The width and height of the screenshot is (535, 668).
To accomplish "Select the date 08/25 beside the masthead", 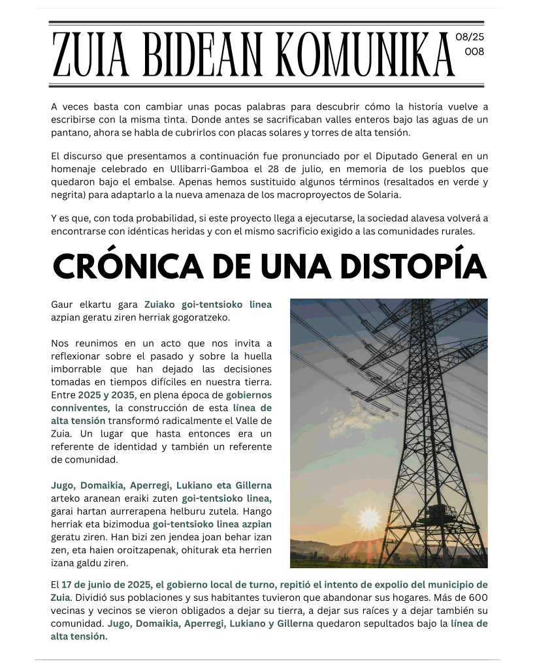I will coord(470,37).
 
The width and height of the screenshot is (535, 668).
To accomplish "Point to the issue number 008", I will coord(474,52).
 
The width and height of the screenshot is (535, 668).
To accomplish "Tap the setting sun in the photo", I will coord(370,519).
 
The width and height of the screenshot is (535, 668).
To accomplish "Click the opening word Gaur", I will coord(63,304).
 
